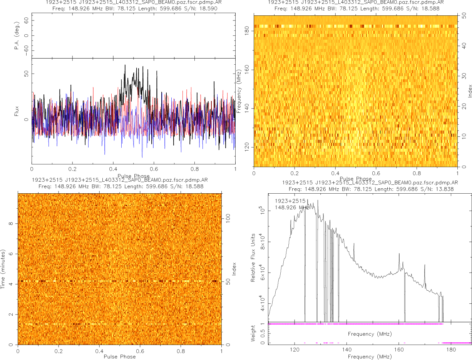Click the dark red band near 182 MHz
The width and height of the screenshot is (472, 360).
(x=354, y=26)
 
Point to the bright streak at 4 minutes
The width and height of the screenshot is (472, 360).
(x=115, y=281)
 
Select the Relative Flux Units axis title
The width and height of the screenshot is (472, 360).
(x=253, y=257)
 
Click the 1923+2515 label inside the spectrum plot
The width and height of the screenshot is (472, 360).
(x=290, y=201)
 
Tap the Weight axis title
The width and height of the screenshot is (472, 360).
(x=253, y=333)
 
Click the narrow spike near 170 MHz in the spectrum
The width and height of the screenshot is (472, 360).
(x=425, y=265)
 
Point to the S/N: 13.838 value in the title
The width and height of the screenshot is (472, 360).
(x=437, y=189)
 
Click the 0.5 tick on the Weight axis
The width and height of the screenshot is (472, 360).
(x=263, y=333)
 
